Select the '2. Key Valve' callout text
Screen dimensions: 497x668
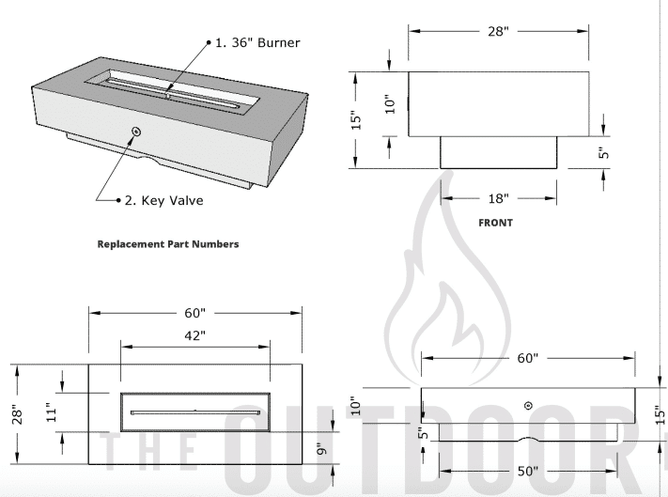[x=164, y=200]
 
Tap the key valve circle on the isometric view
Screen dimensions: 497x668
[x=136, y=132]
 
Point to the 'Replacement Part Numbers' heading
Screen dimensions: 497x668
[x=168, y=244]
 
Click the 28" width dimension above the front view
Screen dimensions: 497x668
[x=498, y=32]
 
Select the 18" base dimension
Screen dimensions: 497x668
[x=499, y=198]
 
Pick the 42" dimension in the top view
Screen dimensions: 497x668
[x=194, y=334]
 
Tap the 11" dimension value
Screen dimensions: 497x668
[x=53, y=411]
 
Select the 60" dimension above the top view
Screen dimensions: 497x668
[x=194, y=310]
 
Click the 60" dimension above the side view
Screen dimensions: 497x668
[x=526, y=359]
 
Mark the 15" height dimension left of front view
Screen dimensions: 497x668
[x=356, y=121]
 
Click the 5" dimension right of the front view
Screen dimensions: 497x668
[x=605, y=150]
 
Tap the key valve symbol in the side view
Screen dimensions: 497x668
[x=528, y=405]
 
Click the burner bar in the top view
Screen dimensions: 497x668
[x=194, y=411]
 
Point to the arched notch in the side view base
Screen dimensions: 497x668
[x=528, y=439]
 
